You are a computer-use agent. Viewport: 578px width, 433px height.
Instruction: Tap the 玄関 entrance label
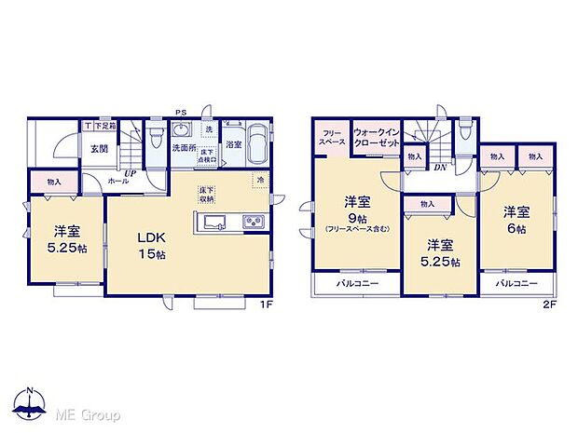100,147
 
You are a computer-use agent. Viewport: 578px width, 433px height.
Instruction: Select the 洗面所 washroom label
184,147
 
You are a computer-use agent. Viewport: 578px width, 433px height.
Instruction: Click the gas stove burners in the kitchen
254,221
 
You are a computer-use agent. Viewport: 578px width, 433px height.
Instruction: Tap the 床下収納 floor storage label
206,195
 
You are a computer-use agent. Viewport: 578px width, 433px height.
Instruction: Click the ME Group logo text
88,413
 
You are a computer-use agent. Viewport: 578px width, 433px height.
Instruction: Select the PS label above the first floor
182,111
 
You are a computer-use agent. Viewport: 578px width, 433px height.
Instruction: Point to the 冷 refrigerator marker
260,179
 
